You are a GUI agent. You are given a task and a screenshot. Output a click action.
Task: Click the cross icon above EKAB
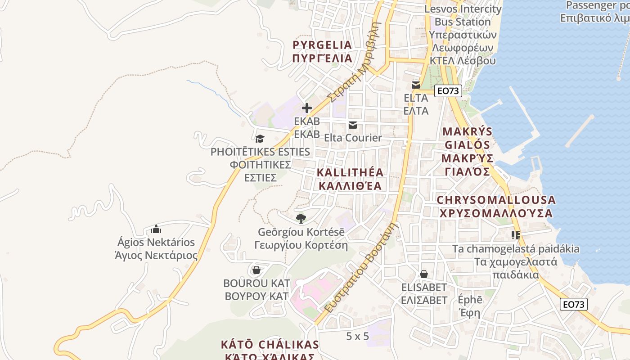[x=307, y=108]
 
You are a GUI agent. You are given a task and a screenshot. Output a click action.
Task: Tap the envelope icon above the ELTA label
[x=416, y=85]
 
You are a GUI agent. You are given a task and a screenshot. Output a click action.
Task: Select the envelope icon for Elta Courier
[x=353, y=125]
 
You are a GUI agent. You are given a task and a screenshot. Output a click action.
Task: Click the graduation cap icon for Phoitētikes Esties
[x=260, y=139]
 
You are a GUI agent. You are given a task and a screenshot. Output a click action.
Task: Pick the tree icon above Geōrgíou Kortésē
[x=301, y=219]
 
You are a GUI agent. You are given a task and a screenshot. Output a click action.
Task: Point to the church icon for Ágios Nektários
[x=156, y=229]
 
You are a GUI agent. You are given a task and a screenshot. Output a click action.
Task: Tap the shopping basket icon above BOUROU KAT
[x=256, y=270]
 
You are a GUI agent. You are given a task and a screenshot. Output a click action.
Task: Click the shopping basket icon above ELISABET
[x=423, y=274]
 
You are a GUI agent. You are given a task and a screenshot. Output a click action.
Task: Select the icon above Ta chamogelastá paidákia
[x=516, y=235]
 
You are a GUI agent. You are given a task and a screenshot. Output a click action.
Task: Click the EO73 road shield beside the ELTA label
[x=448, y=91]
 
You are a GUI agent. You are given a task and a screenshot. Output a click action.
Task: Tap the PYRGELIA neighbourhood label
[x=322, y=52]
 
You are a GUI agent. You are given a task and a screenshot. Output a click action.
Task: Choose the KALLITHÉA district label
[x=350, y=179]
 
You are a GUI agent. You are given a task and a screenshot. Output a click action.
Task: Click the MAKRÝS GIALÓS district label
[x=468, y=152]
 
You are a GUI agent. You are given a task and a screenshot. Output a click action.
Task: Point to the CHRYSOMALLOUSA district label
[x=496, y=207]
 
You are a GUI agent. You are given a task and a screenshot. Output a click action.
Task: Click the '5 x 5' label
[x=358, y=336]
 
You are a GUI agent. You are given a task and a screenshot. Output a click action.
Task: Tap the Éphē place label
[x=469, y=306]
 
